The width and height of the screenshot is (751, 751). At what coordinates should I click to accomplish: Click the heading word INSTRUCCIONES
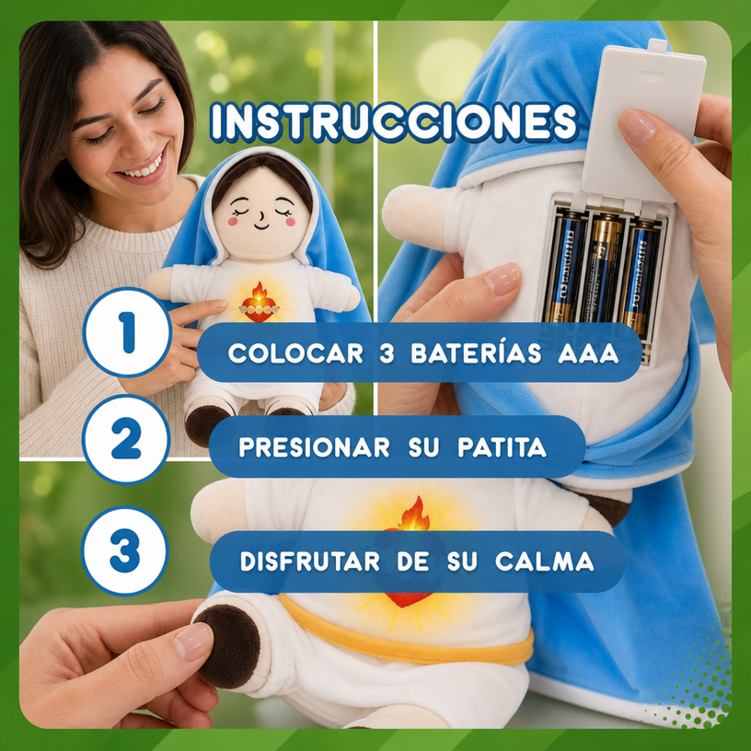coord(394,122)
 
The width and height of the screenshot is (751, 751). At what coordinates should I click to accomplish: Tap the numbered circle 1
coord(127,332)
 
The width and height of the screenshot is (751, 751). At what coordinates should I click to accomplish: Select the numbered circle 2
coord(126,439)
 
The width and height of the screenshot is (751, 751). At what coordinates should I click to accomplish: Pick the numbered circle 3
coord(125,550)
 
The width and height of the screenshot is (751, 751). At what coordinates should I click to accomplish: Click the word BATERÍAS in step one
coord(476,353)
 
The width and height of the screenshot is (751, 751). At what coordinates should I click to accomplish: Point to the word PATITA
coord(502,447)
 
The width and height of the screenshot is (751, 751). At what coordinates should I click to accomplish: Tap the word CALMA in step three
coord(545,561)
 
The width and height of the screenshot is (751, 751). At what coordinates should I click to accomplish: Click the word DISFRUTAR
coord(310,561)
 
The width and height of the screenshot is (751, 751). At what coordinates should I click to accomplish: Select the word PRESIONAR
coord(314,447)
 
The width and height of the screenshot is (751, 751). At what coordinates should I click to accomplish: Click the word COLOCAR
coord(295,353)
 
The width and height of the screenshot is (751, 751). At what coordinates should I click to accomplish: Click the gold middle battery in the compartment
coord(601,268)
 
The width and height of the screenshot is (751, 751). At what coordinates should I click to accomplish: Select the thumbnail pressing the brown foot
coord(192,641)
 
